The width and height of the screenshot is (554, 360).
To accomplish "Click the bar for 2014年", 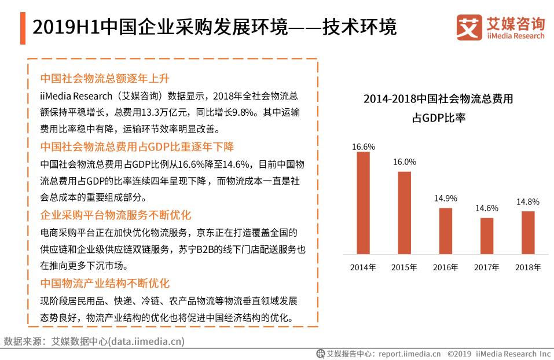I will pos(363,203).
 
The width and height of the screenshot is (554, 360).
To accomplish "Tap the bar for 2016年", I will pos(445,230).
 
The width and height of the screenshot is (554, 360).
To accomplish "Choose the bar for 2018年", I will pos(528,232).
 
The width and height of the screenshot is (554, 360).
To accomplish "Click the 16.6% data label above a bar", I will pos(364,147).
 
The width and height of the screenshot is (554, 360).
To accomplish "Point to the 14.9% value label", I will pos(446,198).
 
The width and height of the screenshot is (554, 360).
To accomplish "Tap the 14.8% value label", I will pos(527,201).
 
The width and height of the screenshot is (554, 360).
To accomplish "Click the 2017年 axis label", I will pos(487,267).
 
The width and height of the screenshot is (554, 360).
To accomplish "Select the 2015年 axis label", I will pos(404,267).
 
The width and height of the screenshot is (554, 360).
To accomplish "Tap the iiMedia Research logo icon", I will pos(468,27).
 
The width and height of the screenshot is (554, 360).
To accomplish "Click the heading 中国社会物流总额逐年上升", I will pos(104,78).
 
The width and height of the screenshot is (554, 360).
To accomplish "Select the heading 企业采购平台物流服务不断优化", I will pos(115,215).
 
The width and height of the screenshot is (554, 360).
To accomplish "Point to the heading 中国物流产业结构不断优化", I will pos(104,283).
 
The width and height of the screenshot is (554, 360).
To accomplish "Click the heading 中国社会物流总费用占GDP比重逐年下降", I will pos(137,146).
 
